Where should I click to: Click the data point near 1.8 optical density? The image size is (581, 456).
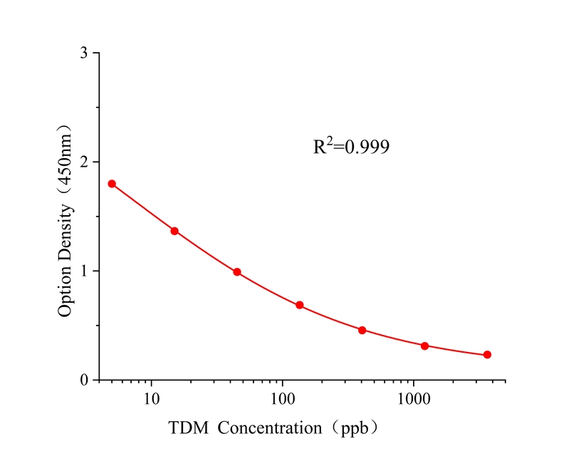pyautogui.click(x=112, y=184)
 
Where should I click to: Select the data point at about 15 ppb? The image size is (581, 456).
pyautogui.click(x=174, y=231)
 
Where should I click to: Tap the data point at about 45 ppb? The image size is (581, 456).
pyautogui.click(x=237, y=272)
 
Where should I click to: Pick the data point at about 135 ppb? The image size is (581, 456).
pyautogui.click(x=300, y=305)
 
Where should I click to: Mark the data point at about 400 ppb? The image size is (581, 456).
pyautogui.click(x=362, y=331)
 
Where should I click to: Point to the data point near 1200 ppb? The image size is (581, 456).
pyautogui.click(x=425, y=346)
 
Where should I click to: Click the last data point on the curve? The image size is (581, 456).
pyautogui.click(x=488, y=355)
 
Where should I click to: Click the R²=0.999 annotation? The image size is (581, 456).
pyautogui.click(x=352, y=147)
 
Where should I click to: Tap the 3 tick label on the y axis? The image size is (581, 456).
pyautogui.click(x=84, y=53)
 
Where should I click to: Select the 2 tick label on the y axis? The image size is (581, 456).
pyautogui.click(x=84, y=162)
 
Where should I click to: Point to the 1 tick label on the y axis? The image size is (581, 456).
pyautogui.click(x=84, y=271)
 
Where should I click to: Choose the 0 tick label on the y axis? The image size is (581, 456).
pyautogui.click(x=84, y=380)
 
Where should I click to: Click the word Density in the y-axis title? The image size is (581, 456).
pyautogui.click(x=66, y=229)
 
